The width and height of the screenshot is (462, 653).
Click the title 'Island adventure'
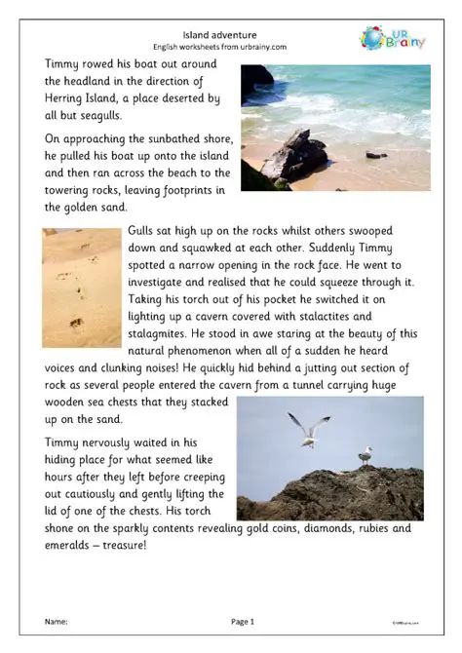[x=230, y=32]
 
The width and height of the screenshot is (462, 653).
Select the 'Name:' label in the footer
[x=57, y=621]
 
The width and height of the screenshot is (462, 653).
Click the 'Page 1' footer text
[x=243, y=621]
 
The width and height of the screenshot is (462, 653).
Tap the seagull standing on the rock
[x=366, y=455]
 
